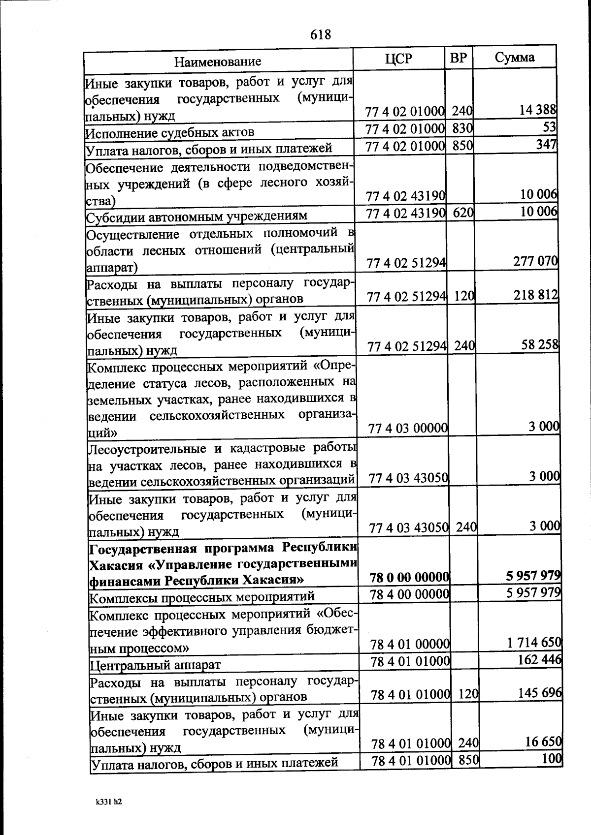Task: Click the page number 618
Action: click(321, 34)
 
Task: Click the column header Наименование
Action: click(218, 62)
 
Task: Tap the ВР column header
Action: click(459, 58)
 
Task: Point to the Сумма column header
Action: click(514, 58)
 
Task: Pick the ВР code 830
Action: click(462, 128)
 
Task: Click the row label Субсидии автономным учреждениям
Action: click(197, 216)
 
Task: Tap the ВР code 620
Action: click(463, 213)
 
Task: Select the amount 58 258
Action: click(540, 344)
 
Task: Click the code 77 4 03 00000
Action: click(408, 429)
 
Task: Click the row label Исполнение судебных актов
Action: click(170, 133)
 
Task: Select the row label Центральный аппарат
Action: click(155, 665)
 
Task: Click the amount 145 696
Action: click(540, 693)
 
